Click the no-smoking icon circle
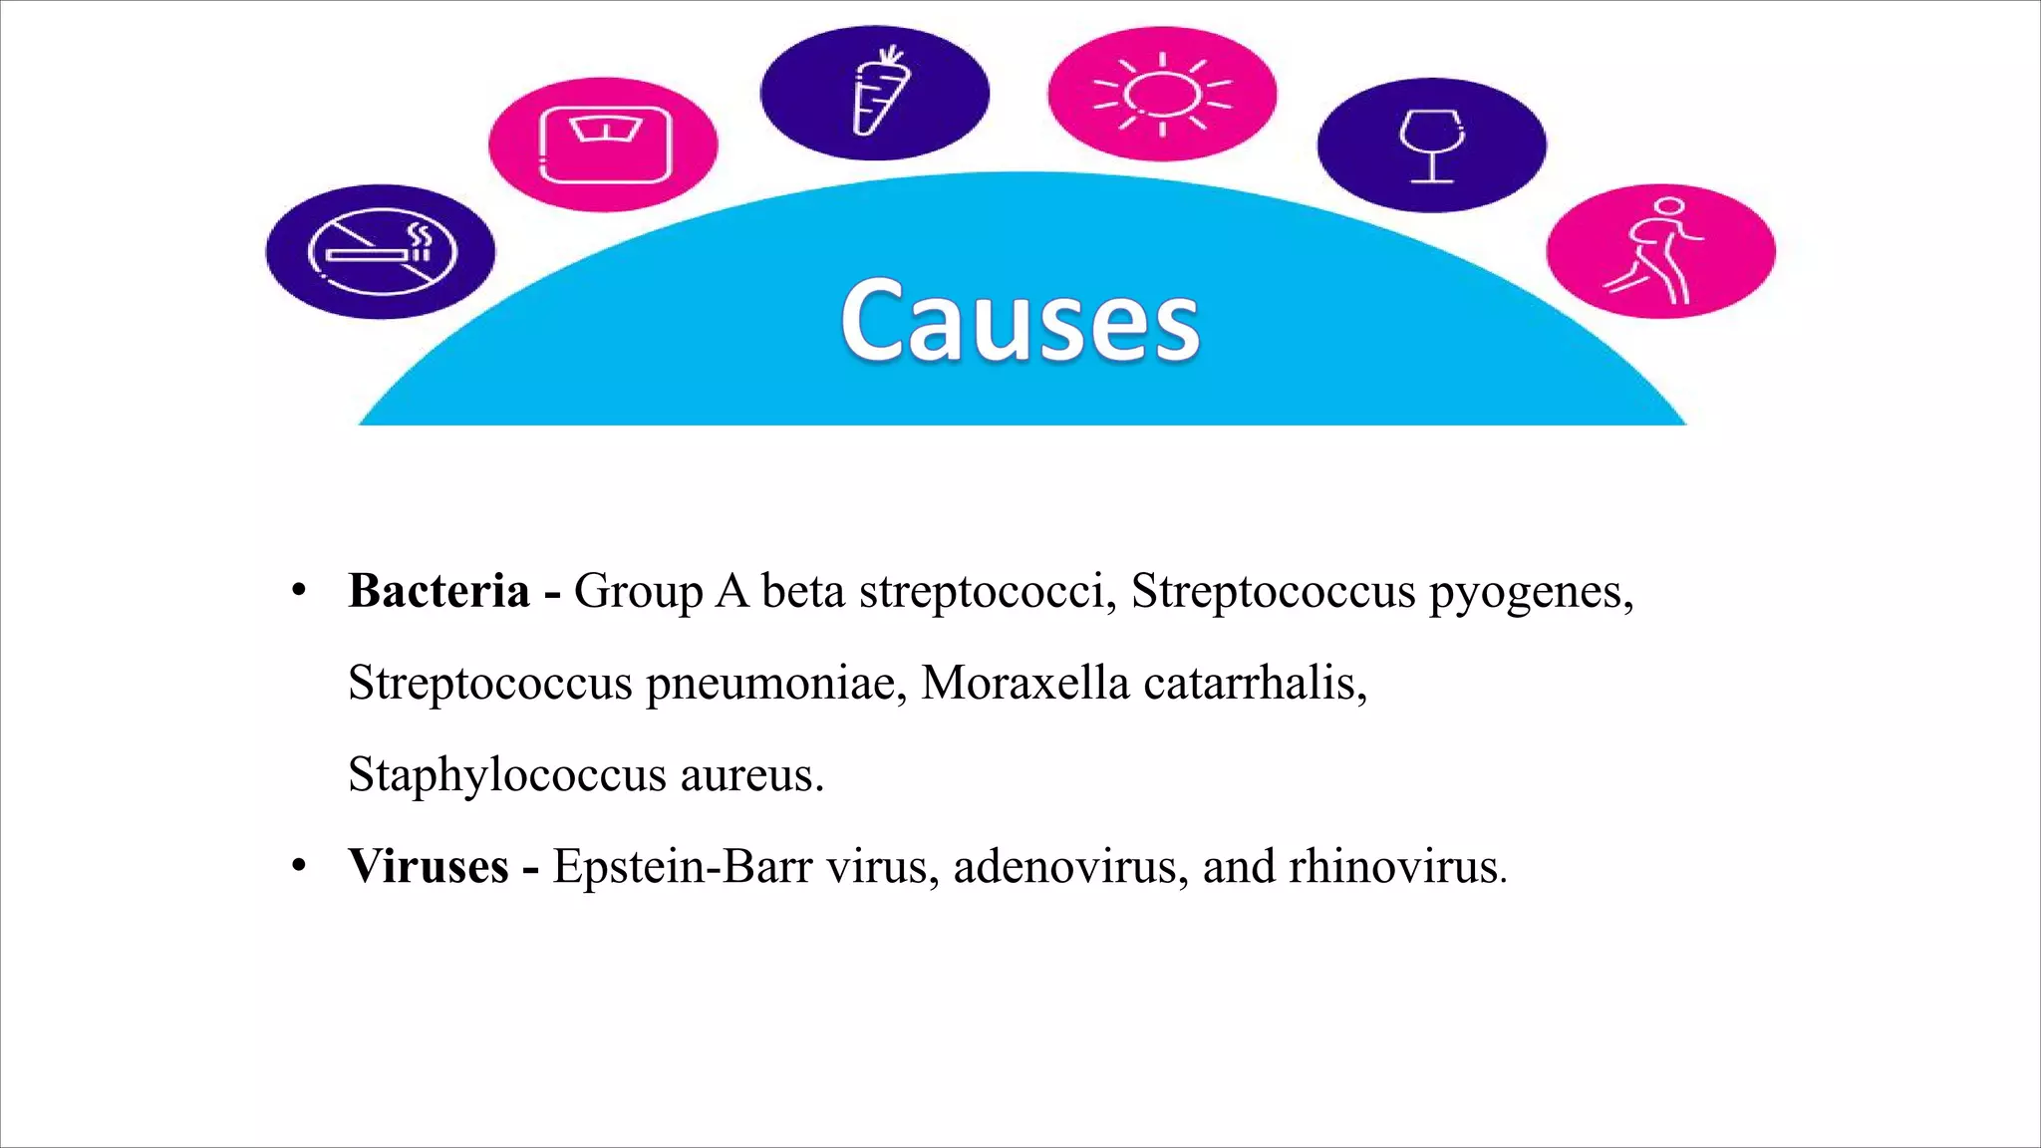[x=381, y=252]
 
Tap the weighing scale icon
[x=604, y=144]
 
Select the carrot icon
[x=875, y=93]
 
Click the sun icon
[x=1162, y=94]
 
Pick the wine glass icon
[x=1432, y=144]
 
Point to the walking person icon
[x=1660, y=251]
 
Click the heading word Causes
[x=1020, y=321]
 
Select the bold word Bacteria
[x=438, y=591]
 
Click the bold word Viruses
[x=429, y=866]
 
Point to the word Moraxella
[x=1025, y=684]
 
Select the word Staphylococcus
[x=506, y=775]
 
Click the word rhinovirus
[x=1393, y=866]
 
